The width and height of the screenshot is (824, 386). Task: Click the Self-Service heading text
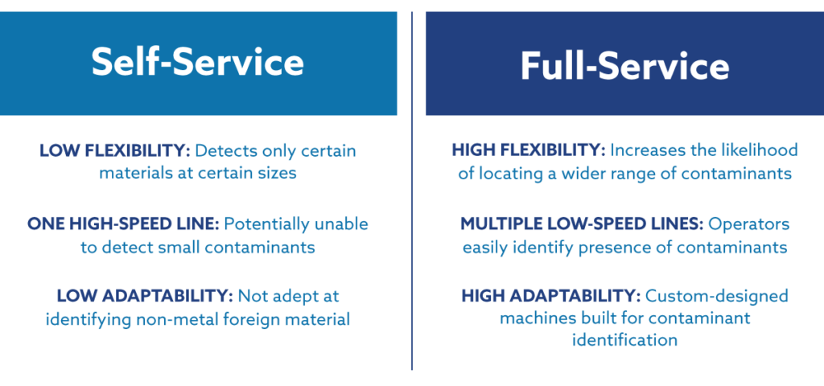tap(198, 63)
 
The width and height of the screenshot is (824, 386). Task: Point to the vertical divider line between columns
tap(412, 191)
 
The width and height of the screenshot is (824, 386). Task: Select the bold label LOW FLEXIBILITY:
tap(114, 151)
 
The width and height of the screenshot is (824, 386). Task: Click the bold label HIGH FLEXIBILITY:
tap(529, 150)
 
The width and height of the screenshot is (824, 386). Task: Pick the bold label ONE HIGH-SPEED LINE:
tap(123, 224)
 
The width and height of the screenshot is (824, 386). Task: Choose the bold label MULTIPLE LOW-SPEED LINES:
tap(582, 224)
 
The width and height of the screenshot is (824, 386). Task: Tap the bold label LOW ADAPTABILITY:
tap(145, 296)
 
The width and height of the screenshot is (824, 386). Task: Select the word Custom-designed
tap(717, 297)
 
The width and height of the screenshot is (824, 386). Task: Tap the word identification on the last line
tap(624, 340)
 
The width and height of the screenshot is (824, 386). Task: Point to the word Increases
tap(645, 150)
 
